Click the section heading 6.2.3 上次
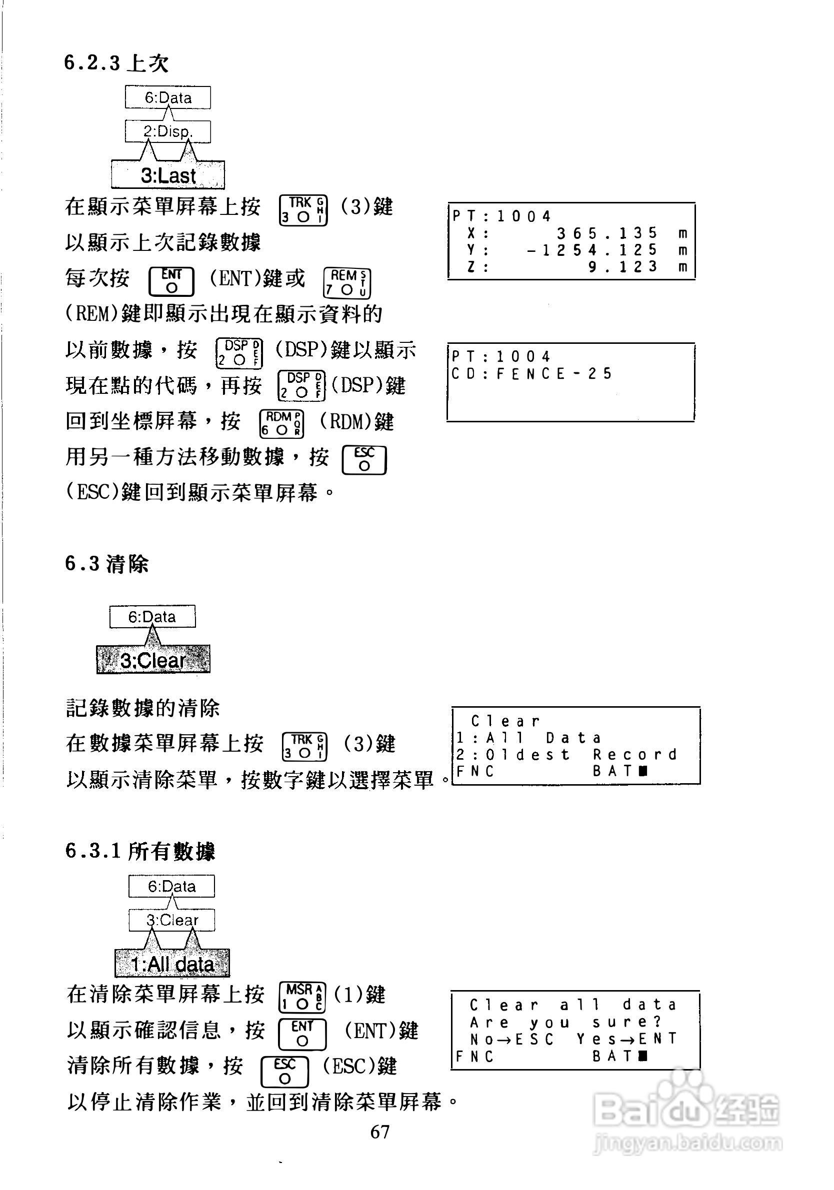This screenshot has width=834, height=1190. [116, 64]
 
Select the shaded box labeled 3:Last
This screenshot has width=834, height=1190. [167, 175]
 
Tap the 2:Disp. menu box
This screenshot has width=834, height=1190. [167, 131]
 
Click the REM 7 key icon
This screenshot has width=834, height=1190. [347, 283]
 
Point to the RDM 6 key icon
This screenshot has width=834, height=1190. [281, 423]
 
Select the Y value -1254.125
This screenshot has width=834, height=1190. [592, 250]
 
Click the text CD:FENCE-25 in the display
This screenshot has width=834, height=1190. [531, 374]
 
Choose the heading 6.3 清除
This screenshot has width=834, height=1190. [107, 564]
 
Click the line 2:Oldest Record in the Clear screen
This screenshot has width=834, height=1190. [566, 754]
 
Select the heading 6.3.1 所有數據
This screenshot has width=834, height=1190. [140, 851]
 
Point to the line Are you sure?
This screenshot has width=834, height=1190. [565, 1023]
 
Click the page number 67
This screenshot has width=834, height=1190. [379, 1132]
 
